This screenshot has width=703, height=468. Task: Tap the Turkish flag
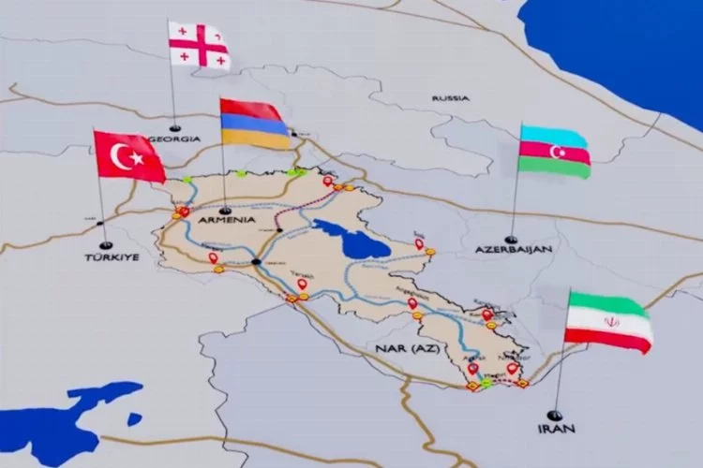(129, 155)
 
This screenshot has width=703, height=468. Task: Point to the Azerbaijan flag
(554, 150)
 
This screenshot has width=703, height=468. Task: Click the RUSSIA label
(450, 97)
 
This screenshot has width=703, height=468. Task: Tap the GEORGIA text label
(178, 139)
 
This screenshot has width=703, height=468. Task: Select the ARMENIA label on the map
(228, 219)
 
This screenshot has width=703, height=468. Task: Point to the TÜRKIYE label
(104, 256)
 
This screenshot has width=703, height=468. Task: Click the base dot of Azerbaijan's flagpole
(511, 239)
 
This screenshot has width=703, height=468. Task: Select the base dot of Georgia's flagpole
(174, 126)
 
